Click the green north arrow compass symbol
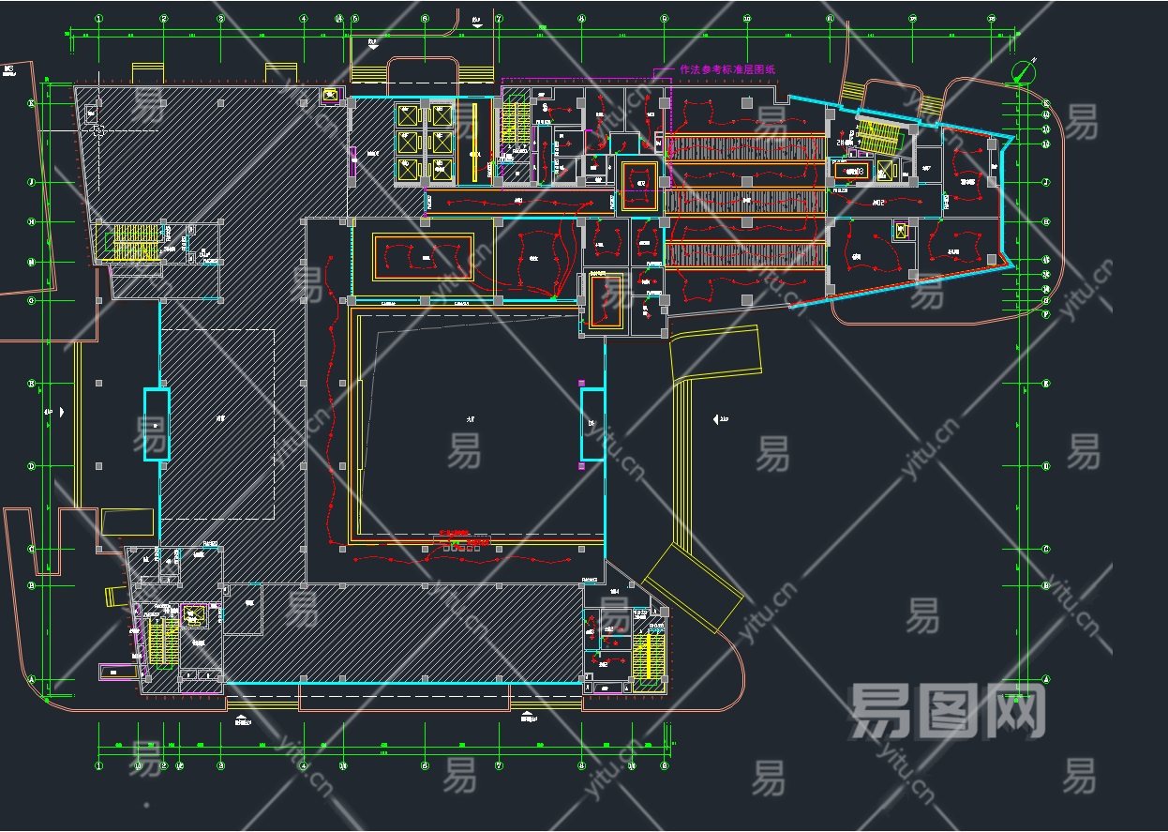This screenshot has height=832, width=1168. tap(1024, 70)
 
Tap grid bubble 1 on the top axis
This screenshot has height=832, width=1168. tap(98, 18)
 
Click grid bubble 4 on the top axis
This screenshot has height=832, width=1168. tap(303, 18)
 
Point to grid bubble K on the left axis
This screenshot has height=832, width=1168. tap(32, 103)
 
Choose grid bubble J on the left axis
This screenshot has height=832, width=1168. tap(32, 182)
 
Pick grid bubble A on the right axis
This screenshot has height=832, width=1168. tap(1046, 678)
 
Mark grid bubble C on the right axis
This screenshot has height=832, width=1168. tap(1046, 550)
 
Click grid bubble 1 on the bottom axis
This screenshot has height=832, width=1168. tap(98, 765)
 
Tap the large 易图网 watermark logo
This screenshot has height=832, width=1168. tap(947, 711)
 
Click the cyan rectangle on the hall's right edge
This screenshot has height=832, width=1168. tap(591, 425)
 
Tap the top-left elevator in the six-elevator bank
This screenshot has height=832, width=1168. tap(408, 115)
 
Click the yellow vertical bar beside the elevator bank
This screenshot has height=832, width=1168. tap(474, 141)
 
